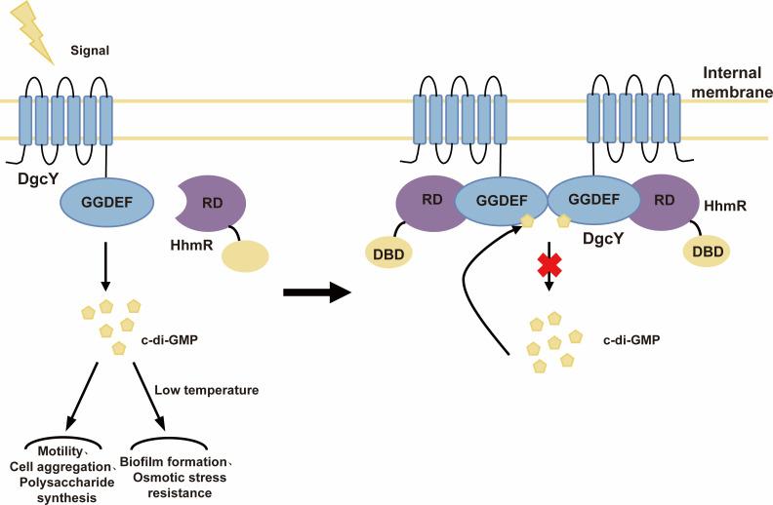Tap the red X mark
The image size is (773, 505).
coord(551,264)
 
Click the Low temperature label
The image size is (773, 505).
coord(206,391)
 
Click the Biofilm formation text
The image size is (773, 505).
coord(177,461)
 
